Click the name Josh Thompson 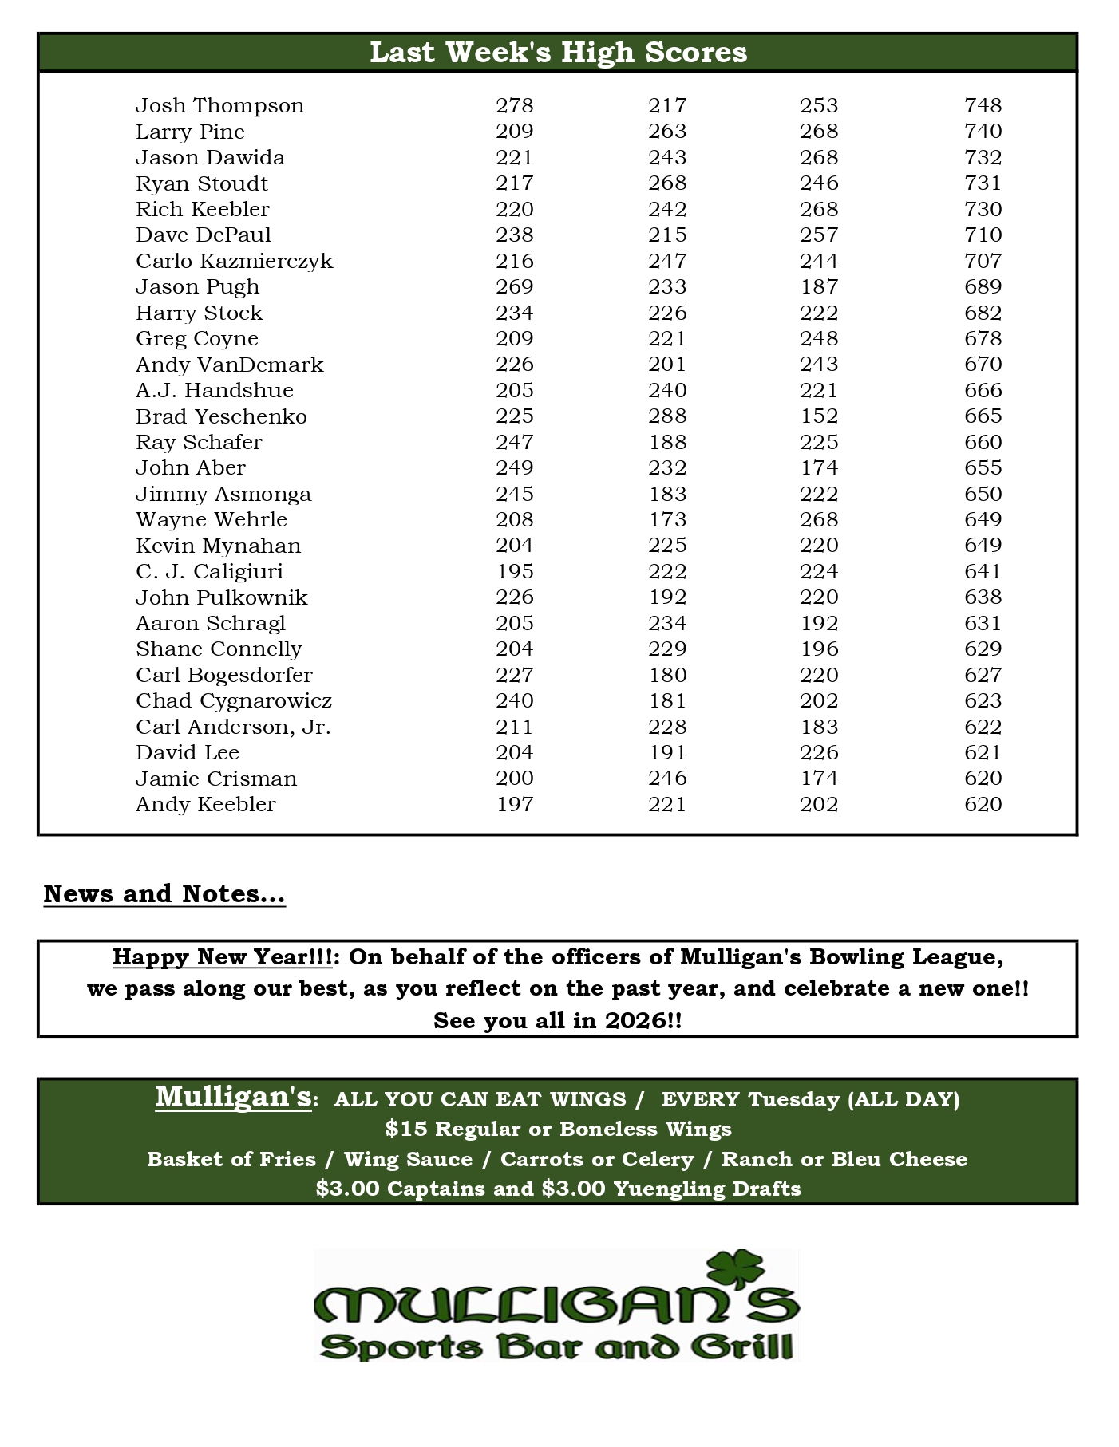(x=219, y=106)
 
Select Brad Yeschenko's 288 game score (x=667, y=416)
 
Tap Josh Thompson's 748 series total (x=983, y=106)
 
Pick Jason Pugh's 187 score (x=819, y=287)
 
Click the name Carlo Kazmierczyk (x=234, y=262)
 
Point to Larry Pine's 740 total (x=983, y=132)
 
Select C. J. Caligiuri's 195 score (x=514, y=572)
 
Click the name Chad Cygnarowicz (x=233, y=701)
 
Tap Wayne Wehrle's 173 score (x=667, y=520)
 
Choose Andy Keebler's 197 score (x=514, y=805)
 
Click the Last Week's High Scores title (x=558, y=53)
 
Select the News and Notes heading (x=164, y=894)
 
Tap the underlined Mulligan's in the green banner (x=232, y=1097)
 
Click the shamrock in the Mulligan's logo (x=736, y=1270)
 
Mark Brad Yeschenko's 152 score (x=819, y=416)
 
